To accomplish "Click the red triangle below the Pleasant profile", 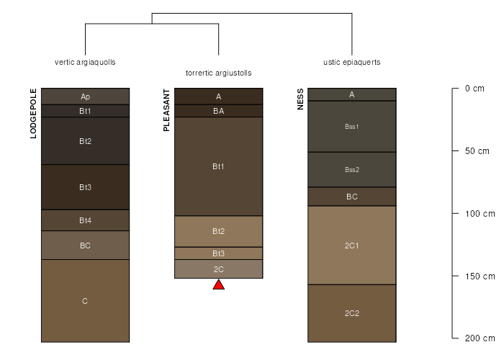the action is click(219, 285).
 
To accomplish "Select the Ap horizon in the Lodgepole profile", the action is click(85, 96).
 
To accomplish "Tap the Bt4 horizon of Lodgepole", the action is click(85, 220).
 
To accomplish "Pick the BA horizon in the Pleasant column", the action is click(219, 111).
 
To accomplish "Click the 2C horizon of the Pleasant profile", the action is click(219, 269).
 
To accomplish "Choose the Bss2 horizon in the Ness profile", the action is click(352, 170).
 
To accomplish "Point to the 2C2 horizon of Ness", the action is click(352, 313).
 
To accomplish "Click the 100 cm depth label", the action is click(480, 214).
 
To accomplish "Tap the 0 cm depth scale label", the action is click(474, 89).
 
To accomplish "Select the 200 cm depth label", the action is click(480, 338).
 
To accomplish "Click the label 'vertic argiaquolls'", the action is click(85, 62).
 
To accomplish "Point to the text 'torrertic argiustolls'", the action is click(219, 73).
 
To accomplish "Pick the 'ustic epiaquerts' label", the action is click(351, 62).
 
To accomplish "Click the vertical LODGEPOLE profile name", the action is click(33, 114).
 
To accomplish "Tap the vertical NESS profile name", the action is click(300, 99).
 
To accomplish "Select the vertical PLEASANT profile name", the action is click(166, 110).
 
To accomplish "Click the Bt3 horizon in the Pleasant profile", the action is click(219, 253).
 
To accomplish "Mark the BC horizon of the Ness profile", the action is click(352, 197).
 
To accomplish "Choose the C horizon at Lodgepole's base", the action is click(85, 301).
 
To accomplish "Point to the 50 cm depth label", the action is click(477, 151).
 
